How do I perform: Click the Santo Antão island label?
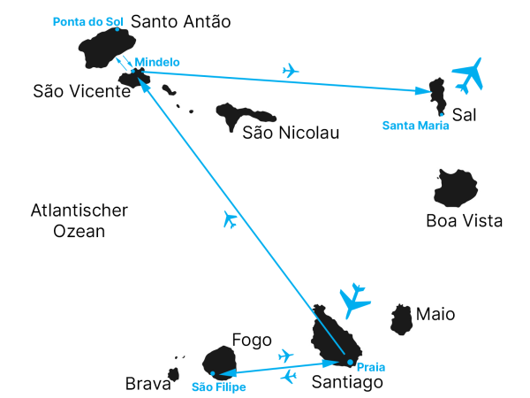181,21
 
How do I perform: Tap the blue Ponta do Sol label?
87,22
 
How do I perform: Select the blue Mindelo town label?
157,62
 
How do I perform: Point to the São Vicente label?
82,91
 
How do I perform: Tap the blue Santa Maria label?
415,126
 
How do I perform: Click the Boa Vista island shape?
456,188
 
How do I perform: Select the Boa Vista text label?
464,221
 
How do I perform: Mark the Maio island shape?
401,319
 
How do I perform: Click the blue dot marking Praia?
350,363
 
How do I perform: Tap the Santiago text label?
347,382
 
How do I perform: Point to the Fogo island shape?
220,364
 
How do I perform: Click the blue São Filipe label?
219,387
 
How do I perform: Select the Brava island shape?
174,374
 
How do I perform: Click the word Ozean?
79,232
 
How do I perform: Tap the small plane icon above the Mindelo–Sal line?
290,71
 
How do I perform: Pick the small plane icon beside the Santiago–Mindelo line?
231,219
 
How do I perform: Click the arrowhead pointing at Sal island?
422,91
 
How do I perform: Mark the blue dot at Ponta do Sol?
117,29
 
